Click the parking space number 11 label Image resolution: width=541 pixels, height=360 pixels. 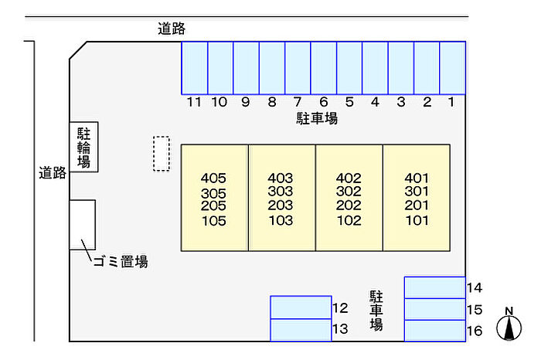click(194, 101)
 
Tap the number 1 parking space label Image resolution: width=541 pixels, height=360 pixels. click(452, 101)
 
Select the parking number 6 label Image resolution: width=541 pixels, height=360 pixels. click(324, 101)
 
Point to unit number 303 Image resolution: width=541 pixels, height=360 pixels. click(281, 192)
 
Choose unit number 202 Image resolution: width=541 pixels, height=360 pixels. click(349, 206)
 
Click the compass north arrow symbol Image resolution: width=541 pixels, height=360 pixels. click(509, 324)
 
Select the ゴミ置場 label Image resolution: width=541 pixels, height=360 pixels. click(120, 262)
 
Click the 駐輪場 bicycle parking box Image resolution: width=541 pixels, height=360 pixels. click(83, 148)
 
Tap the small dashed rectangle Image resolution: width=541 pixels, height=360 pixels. click(161, 154)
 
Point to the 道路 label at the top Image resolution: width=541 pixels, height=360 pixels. click(172, 29)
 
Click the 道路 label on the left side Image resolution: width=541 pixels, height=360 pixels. click(53, 174)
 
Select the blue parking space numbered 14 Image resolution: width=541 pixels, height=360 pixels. click(434, 287)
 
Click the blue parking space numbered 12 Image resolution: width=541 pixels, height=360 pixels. click(301, 307)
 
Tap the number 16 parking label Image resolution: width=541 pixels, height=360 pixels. click(475, 331)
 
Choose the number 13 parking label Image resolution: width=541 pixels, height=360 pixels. click(340, 330)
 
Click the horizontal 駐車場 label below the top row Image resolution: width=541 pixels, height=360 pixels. click(317, 119)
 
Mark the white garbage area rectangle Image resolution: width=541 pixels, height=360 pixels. click(83, 224)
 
